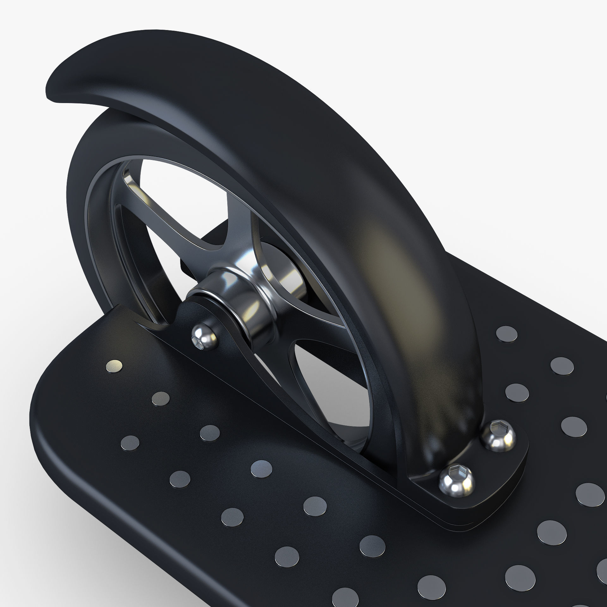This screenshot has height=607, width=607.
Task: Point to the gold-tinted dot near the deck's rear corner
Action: pyautogui.click(x=114, y=365)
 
